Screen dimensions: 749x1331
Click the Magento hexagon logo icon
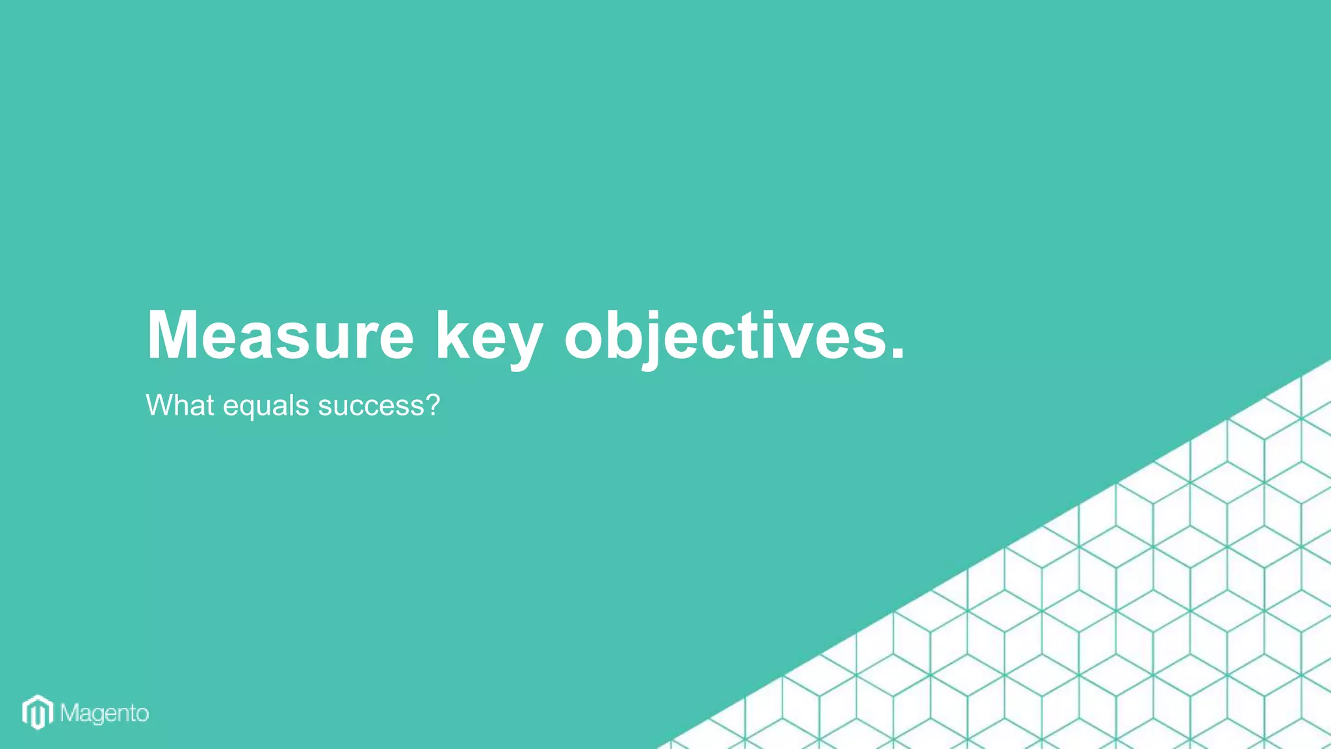point(38,713)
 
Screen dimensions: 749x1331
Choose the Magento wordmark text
point(105,714)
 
